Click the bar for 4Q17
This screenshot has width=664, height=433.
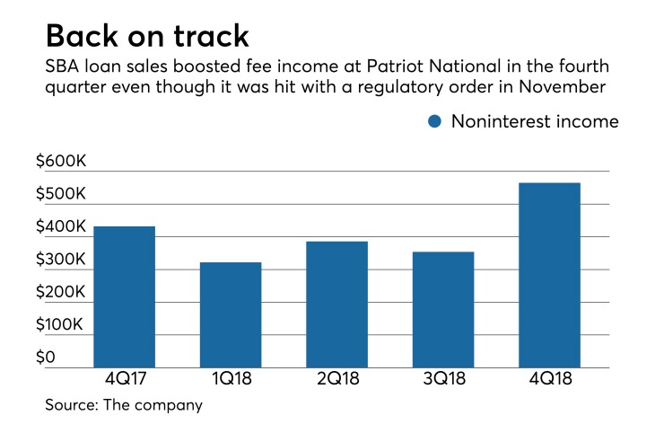(x=124, y=296)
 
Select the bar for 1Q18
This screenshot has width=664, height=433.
(x=231, y=314)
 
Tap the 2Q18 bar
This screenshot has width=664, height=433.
(x=336, y=304)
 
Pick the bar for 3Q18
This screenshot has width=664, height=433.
(x=442, y=309)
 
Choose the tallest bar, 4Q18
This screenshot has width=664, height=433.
(x=549, y=275)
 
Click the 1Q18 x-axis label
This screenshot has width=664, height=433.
(x=231, y=379)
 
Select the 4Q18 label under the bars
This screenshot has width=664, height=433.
(x=549, y=379)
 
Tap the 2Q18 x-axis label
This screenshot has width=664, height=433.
(x=336, y=379)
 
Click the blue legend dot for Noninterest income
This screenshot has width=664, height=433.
(x=434, y=121)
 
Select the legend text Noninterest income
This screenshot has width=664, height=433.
(x=535, y=121)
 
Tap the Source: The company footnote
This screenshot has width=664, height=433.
(x=124, y=406)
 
